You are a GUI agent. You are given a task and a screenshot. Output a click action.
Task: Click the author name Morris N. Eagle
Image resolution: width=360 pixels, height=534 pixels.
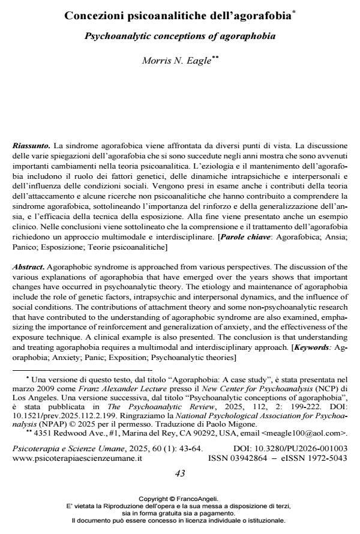(178, 61)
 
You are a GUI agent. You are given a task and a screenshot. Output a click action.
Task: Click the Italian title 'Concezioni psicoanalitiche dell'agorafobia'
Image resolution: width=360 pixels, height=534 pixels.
(178, 16)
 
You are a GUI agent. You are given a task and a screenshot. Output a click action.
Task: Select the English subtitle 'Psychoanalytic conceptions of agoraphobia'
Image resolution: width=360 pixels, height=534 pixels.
(179, 36)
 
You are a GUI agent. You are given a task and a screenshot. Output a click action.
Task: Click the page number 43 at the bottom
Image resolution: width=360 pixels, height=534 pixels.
(179, 473)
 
